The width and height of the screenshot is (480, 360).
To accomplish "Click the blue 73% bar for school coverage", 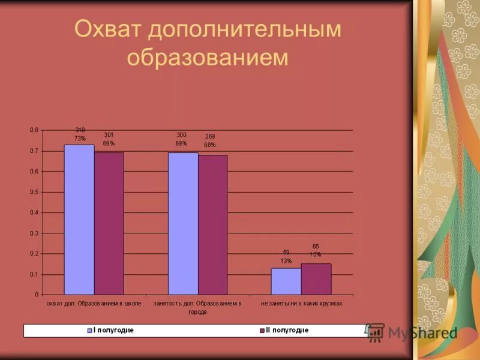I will (x=79, y=219).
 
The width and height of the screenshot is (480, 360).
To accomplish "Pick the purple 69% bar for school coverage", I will (x=109, y=223).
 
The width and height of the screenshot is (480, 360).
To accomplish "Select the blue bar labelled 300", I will (x=183, y=223).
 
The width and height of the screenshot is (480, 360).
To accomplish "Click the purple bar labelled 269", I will (x=212, y=224).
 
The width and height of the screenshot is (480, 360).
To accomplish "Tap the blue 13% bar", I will (x=286, y=281).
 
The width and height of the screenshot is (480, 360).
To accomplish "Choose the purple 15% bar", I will (x=316, y=279).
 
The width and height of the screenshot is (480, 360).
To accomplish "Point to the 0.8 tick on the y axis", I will (x=34, y=130).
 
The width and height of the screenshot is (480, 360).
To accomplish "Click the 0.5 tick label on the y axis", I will (x=34, y=192).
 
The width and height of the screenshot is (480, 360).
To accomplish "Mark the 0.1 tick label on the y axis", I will (x=34, y=274).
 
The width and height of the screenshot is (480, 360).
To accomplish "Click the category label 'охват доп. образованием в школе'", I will (x=94, y=304).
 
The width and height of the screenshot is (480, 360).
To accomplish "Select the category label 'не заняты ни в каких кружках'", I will (x=301, y=304).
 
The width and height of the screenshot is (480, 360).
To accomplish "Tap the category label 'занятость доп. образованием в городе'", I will (x=197, y=307).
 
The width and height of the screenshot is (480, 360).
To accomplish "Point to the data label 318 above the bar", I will (x=80, y=130).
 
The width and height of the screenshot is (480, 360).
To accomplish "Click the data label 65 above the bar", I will (x=316, y=246).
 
